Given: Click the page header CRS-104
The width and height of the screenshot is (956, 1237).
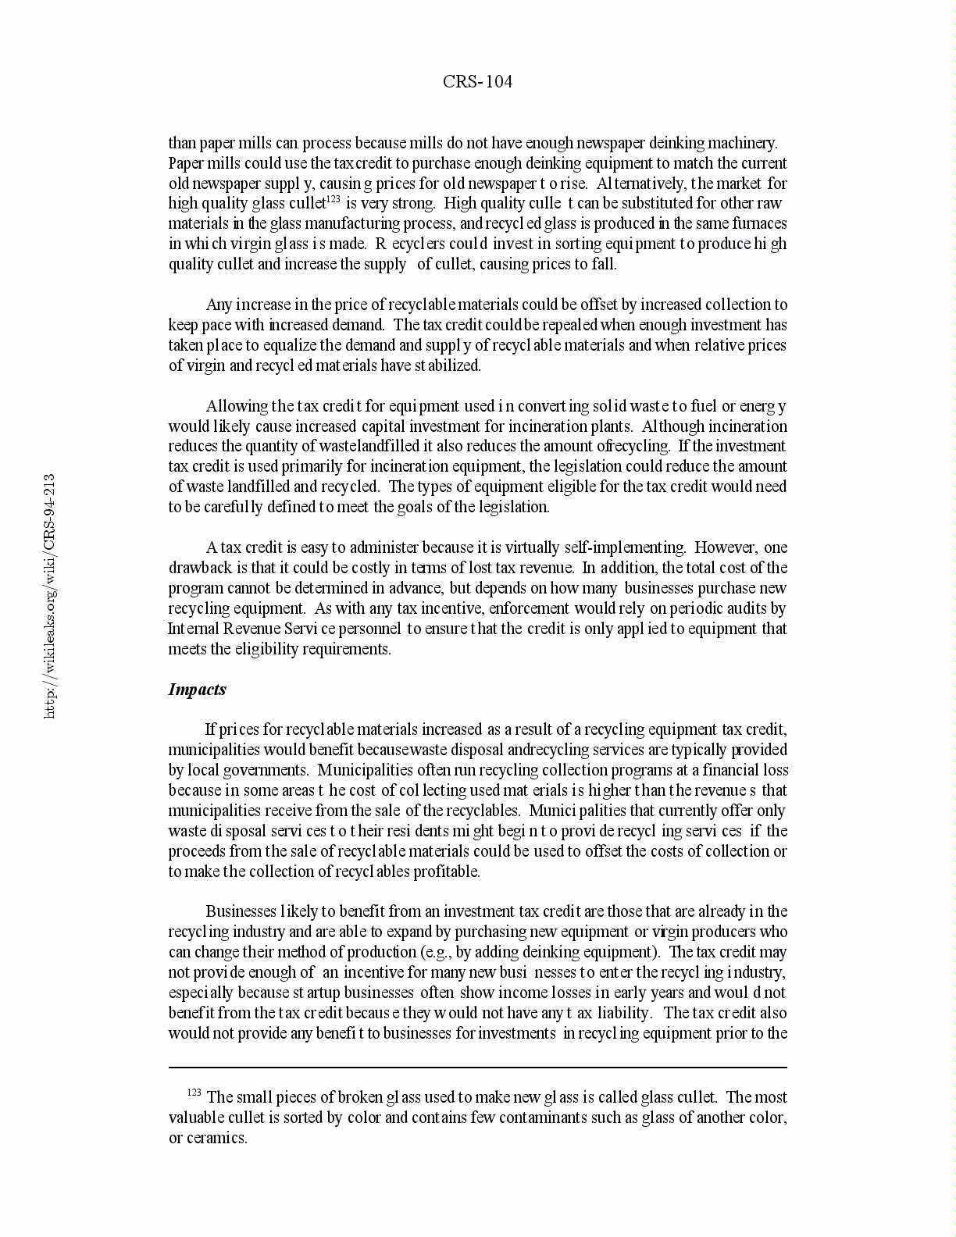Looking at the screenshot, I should click(x=477, y=81).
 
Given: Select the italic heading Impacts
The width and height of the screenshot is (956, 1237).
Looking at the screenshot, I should click(x=197, y=690).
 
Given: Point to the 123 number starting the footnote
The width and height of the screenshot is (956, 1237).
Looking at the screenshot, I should click(x=194, y=1093).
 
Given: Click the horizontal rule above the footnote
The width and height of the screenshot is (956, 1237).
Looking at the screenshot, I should click(x=477, y=1067).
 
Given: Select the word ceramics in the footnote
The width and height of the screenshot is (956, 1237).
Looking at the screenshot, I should click(x=216, y=1138).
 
